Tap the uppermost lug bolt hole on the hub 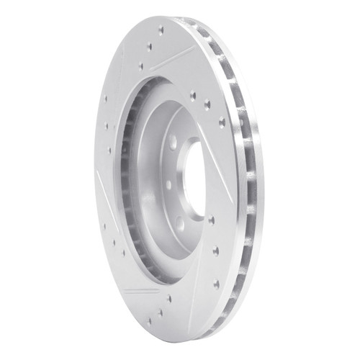(174, 142)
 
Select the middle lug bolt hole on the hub (167, 185)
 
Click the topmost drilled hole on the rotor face (160, 30)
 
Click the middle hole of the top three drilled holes (150, 47)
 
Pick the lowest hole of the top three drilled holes (141, 66)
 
